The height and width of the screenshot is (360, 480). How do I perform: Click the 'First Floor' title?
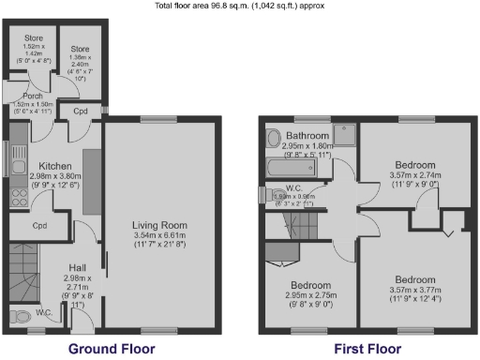point(367,349)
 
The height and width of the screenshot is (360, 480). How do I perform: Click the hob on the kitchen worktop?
point(17,198)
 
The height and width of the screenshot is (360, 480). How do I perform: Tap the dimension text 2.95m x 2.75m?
point(309,295)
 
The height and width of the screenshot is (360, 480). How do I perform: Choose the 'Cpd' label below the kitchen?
point(39,226)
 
